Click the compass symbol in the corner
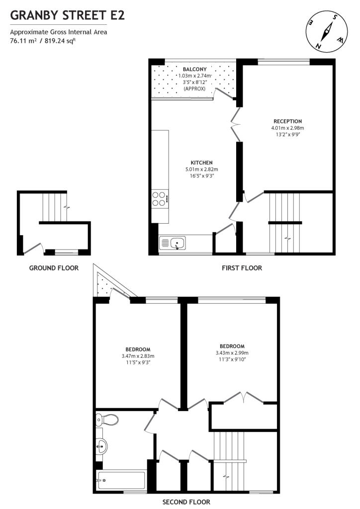coord(326,31)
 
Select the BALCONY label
coord(191,69)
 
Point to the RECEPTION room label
coord(287,121)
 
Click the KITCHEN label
coord(201,163)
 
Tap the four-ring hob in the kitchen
coord(160,199)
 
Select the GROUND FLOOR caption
coord(54,268)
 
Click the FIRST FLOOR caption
coord(242,268)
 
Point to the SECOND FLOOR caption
coord(186,502)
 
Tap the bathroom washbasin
coord(101,445)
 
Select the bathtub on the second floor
coord(121,480)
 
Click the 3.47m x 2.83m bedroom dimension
coord(138,356)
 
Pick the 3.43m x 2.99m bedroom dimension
coord(232,353)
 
